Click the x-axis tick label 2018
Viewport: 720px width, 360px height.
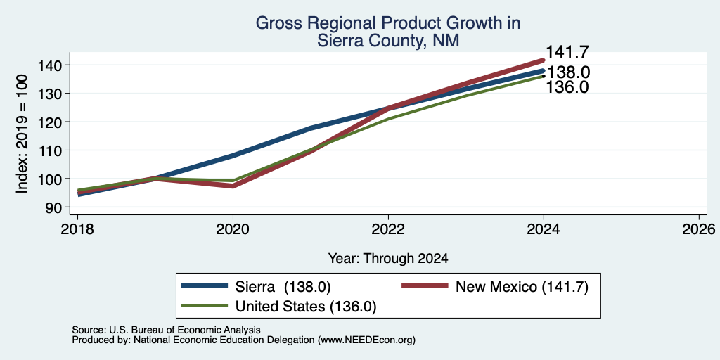77,229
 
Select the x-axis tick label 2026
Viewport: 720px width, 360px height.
699,229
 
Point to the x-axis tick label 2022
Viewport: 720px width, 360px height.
388,229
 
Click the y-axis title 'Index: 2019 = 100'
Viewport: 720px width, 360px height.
22,134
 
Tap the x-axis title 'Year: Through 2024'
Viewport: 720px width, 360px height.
388,259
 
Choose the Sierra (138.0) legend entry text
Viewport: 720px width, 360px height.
283,287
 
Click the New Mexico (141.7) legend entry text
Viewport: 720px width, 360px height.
522,287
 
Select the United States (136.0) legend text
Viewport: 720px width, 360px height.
306,307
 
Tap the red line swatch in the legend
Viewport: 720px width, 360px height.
425,286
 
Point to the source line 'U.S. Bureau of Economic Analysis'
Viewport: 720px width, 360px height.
185,330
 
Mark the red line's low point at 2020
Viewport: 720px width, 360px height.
233,186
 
